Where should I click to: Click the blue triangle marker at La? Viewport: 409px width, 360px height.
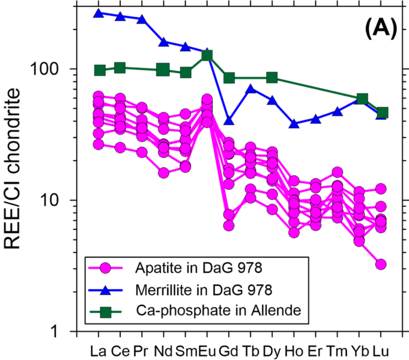[99, 13]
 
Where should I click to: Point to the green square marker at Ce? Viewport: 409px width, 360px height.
[120, 68]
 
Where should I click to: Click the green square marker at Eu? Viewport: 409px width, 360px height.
[207, 55]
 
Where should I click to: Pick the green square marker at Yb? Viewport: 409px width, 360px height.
[362, 99]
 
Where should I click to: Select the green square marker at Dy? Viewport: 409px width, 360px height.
[272, 78]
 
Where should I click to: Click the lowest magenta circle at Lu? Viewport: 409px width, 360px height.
[381, 264]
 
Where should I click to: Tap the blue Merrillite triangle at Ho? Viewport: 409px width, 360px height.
[294, 124]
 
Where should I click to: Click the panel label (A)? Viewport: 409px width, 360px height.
[381, 31]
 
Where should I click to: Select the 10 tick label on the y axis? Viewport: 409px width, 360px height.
[61, 200]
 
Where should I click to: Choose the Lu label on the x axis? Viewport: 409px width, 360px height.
[381, 351]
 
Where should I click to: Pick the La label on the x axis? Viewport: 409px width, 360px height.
[98, 351]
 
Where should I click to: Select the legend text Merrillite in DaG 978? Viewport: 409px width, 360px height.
[204, 289]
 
